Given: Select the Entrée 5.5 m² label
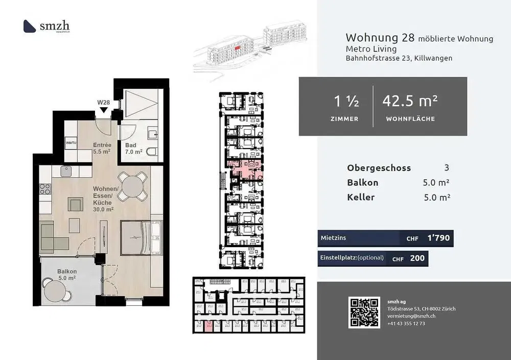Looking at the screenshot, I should click(x=102, y=148).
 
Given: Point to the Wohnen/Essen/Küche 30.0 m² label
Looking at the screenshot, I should click(x=105, y=199).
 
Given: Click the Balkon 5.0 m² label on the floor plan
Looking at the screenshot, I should click(x=66, y=275).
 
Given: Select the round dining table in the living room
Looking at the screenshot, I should click(x=131, y=185).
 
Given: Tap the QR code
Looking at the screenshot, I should click(x=364, y=312).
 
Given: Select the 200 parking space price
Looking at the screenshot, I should click(x=417, y=258).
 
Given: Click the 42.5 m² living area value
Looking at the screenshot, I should click(x=410, y=101).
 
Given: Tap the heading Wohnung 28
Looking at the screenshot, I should click(x=380, y=38).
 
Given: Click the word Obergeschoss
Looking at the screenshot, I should click(x=379, y=168).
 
